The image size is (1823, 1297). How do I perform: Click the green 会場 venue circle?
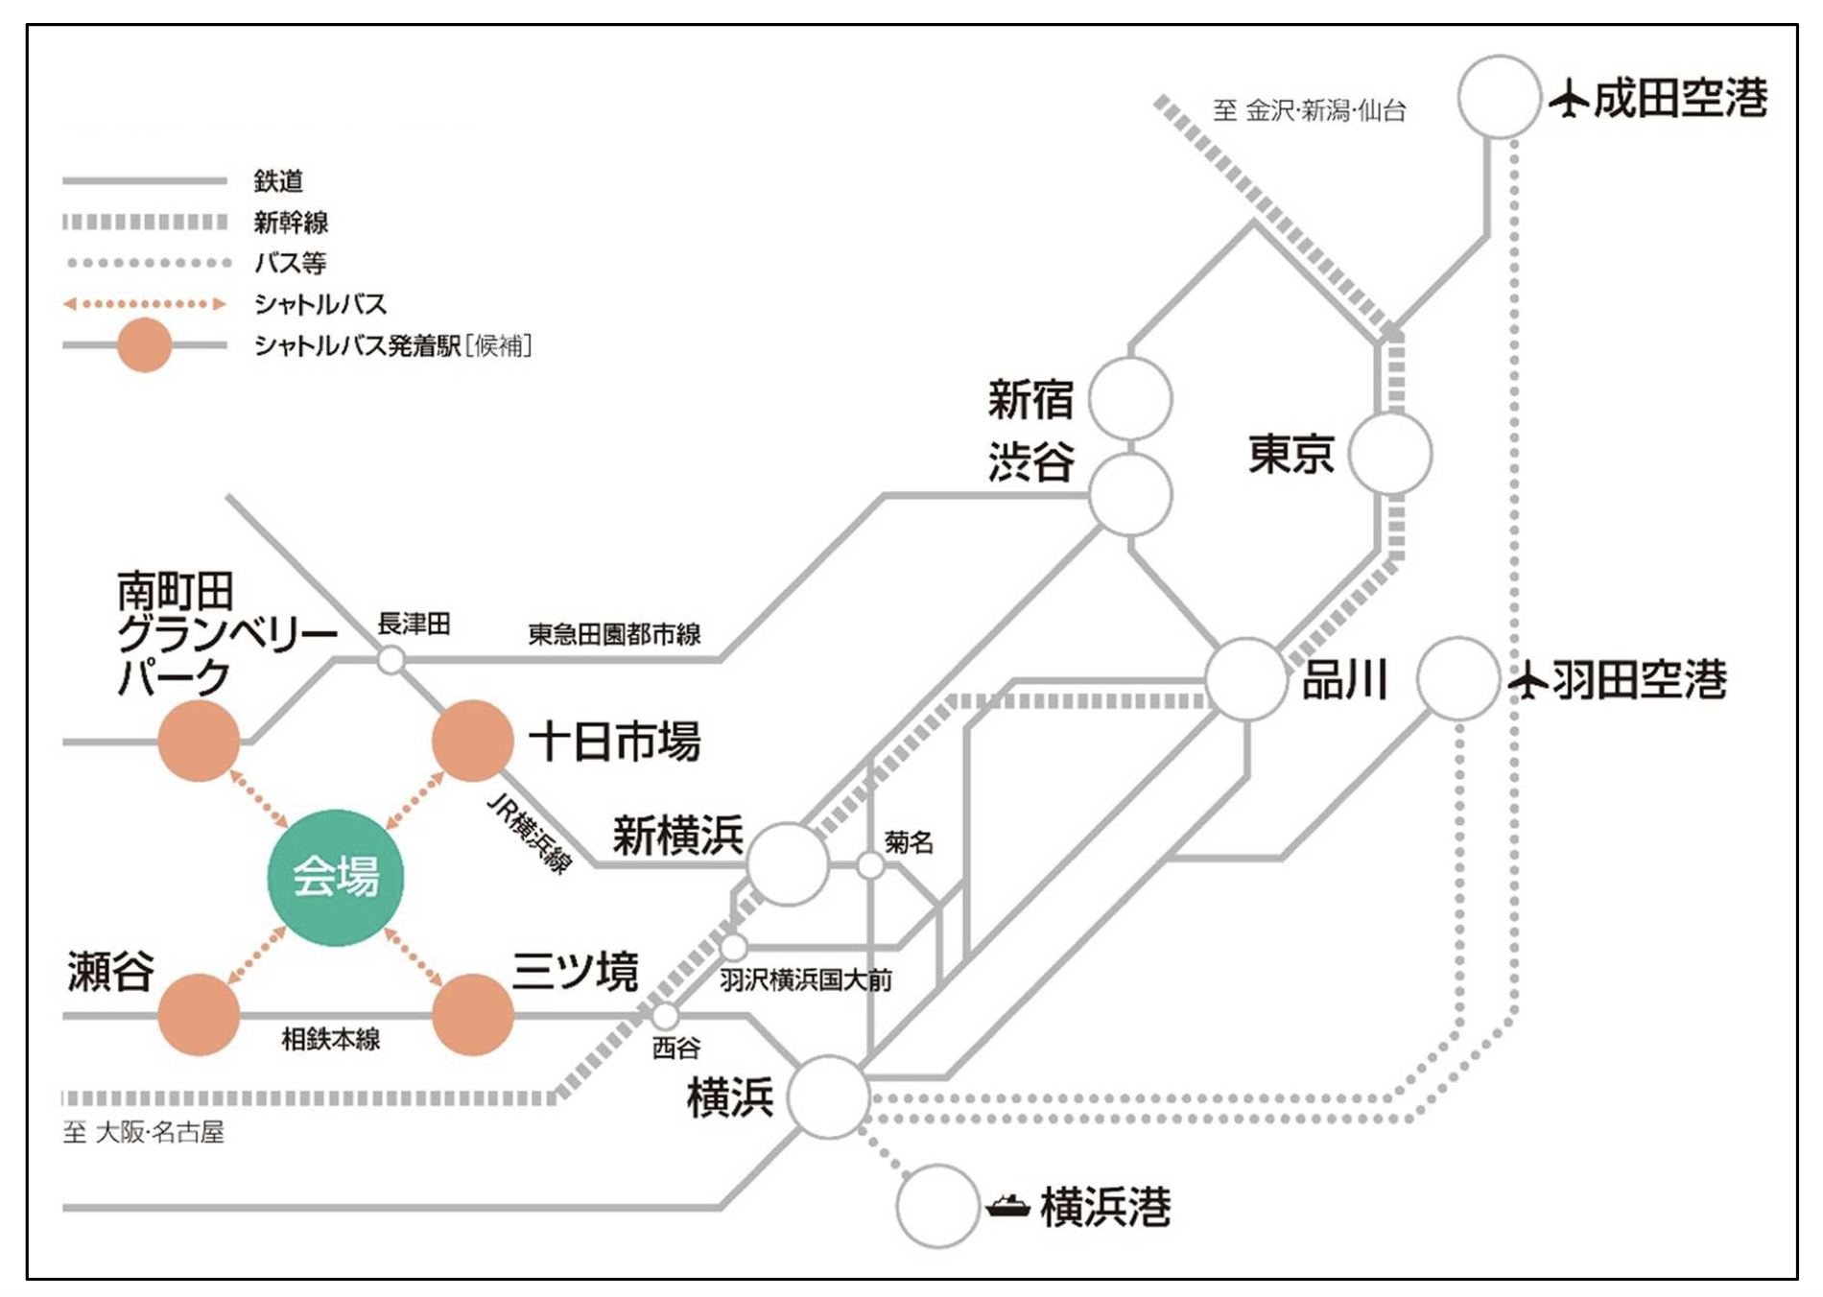(335, 877)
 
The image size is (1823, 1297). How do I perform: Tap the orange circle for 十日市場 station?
(472, 741)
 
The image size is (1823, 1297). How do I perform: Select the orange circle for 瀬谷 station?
(199, 1014)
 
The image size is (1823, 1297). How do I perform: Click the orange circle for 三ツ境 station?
(472, 1014)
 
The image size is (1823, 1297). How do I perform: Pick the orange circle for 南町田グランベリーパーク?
(199, 741)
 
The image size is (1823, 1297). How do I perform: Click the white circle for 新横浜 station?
(787, 863)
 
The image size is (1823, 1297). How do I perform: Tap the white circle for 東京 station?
(1389, 454)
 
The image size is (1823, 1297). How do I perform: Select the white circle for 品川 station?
(1245, 679)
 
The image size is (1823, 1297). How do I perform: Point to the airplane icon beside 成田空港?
(1570, 99)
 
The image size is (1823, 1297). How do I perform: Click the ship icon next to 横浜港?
(1008, 1206)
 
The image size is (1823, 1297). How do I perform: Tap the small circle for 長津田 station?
(391, 660)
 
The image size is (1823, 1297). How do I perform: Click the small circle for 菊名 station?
(870, 865)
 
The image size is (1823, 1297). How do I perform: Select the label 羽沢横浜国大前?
(805, 979)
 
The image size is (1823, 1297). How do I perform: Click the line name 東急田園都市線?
(614, 634)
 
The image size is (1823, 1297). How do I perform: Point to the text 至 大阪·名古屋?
(144, 1132)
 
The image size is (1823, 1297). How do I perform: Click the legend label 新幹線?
(291, 223)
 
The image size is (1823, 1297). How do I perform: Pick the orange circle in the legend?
(144, 345)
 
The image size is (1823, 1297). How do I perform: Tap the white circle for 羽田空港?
(1457, 679)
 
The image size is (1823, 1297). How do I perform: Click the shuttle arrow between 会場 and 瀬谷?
(257, 955)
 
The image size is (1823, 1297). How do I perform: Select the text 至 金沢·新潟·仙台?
(1309, 111)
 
